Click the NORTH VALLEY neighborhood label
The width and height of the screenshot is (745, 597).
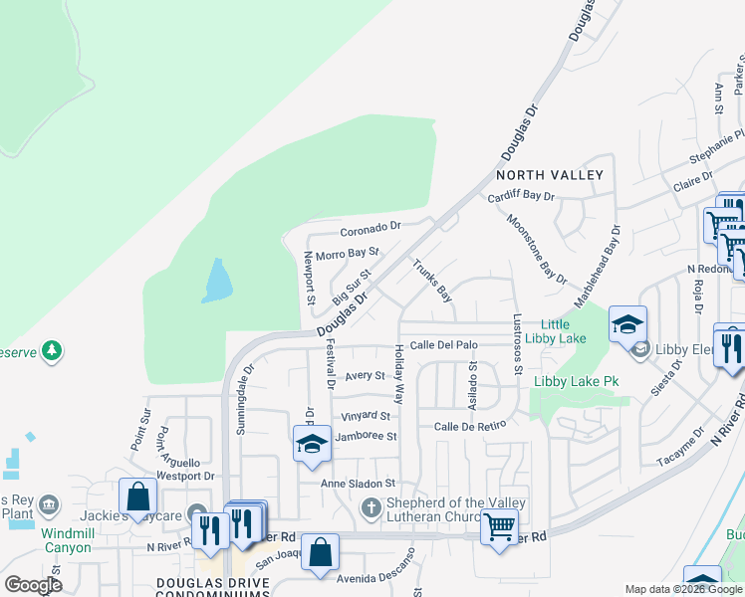[550, 175]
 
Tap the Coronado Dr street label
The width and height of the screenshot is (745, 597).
[370, 227]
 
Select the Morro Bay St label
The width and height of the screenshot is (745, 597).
[348, 254]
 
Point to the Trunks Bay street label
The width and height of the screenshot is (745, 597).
[433, 281]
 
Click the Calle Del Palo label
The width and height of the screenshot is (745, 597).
[444, 345]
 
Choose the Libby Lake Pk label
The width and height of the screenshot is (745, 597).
[577, 381]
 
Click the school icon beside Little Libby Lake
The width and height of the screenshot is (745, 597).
[628, 324]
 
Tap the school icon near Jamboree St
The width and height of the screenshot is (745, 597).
[312, 444]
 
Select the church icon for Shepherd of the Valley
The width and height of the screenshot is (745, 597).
[371, 508]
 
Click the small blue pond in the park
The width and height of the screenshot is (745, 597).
[217, 281]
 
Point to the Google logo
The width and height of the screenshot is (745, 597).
[33, 585]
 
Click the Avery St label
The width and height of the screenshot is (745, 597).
[365, 376]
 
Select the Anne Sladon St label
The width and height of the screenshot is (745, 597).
[358, 484]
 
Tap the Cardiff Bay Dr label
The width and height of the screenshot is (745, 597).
[521, 197]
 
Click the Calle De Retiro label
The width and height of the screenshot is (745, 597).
[470, 426]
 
